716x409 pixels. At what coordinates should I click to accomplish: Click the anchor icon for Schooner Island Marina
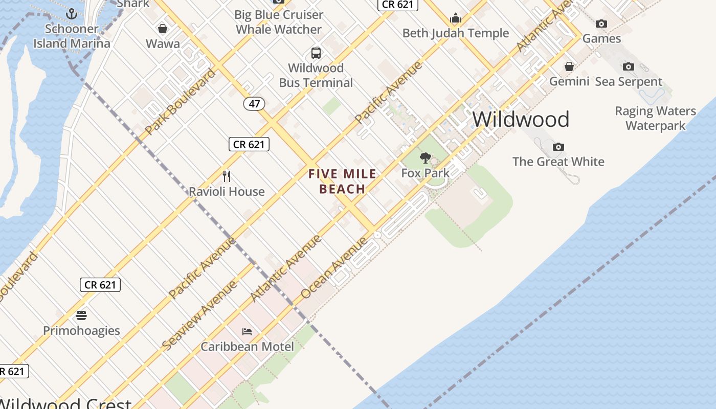coord(72,14)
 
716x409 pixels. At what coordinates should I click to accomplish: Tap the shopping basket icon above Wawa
coord(163,29)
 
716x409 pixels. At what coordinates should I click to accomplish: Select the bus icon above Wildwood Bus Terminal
coord(316,53)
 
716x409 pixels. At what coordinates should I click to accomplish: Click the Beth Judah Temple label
coord(455,33)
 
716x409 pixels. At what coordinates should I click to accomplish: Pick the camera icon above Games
coord(601,24)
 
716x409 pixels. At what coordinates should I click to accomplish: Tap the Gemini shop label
coord(569,81)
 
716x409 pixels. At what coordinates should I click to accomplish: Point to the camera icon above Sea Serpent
coord(629,66)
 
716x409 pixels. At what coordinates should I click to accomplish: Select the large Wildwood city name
coord(521,119)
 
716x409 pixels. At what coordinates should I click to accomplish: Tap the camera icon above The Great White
coord(558,147)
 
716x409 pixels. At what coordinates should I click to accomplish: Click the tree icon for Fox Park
coord(425,158)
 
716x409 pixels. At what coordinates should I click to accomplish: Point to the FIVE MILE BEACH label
coord(342,181)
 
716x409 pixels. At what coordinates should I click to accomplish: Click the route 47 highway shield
coord(254,104)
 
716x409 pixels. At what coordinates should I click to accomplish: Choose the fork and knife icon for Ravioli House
coord(227,176)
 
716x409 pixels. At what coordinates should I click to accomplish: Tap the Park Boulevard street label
coord(181,102)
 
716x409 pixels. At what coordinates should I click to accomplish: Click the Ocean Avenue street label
coord(334,267)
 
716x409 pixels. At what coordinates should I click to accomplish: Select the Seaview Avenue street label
coord(199,315)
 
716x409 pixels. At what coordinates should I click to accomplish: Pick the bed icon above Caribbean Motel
coord(247,331)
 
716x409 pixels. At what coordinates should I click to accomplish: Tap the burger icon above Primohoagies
coord(81,315)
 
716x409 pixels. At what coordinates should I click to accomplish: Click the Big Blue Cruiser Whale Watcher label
coord(279,22)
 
